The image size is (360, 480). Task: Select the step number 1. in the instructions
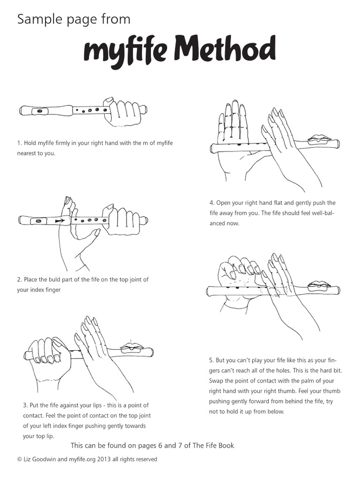pos(20,143)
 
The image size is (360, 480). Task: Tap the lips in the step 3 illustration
pos(131,347)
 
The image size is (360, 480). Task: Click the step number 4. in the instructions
pos(212,203)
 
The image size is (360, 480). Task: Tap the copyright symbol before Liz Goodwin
pos(19,459)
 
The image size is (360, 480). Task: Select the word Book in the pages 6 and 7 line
pos(225,445)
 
